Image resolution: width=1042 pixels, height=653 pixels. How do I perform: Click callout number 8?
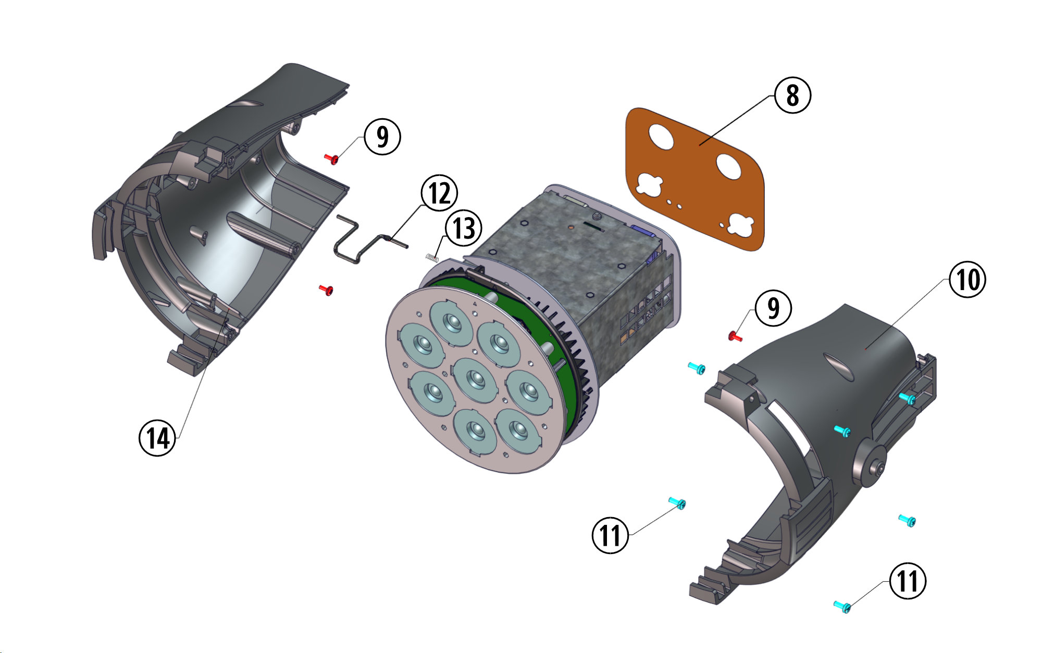(x=792, y=95)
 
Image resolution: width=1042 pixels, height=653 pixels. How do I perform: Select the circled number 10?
(x=967, y=280)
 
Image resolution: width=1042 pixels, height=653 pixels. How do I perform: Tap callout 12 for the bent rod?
(x=439, y=193)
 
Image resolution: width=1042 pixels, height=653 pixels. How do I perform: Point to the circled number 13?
(x=463, y=228)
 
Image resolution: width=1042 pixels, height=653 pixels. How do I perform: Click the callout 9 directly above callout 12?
(x=382, y=136)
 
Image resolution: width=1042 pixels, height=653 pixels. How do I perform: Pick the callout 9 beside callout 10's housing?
(x=773, y=308)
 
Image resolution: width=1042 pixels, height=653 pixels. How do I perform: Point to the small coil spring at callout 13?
(x=432, y=257)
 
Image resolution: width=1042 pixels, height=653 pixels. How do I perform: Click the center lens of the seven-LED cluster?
(x=475, y=379)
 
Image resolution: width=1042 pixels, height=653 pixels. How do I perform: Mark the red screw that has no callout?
(x=326, y=290)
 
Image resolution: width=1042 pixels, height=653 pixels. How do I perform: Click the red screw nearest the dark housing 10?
(x=735, y=336)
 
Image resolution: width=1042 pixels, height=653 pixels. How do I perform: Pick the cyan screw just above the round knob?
(x=842, y=431)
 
